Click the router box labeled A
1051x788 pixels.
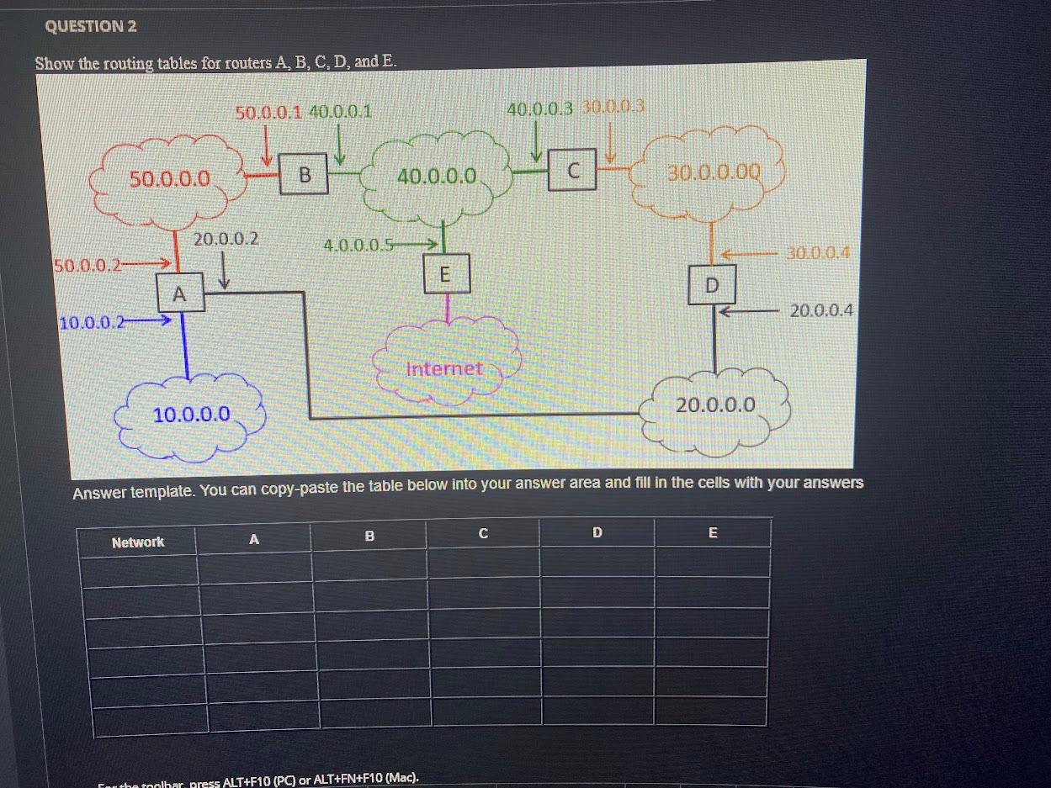point(178,294)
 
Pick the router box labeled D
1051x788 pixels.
point(712,285)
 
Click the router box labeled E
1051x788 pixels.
point(445,273)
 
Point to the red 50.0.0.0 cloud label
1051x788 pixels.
point(169,178)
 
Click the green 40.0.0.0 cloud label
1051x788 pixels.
point(438,177)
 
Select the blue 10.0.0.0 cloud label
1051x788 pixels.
point(191,414)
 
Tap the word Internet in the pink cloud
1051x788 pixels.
point(444,368)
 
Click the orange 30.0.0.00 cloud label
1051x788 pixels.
point(713,173)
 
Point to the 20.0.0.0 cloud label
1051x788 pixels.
point(716,405)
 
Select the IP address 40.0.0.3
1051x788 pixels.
point(540,108)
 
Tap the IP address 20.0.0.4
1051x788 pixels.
point(821,310)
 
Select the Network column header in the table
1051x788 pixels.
point(138,542)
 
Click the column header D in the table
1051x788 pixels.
point(597,532)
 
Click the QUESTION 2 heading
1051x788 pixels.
point(91,26)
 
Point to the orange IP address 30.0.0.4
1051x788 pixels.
point(818,252)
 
